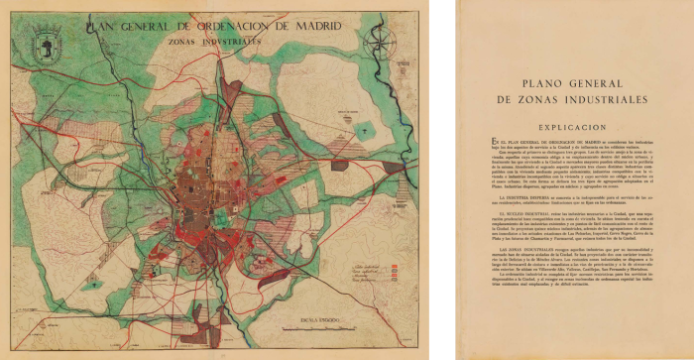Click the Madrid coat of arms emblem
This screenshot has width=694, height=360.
click(47, 43)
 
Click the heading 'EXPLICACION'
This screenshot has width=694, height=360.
click(578, 128)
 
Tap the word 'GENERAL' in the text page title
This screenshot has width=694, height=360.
click(600, 85)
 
